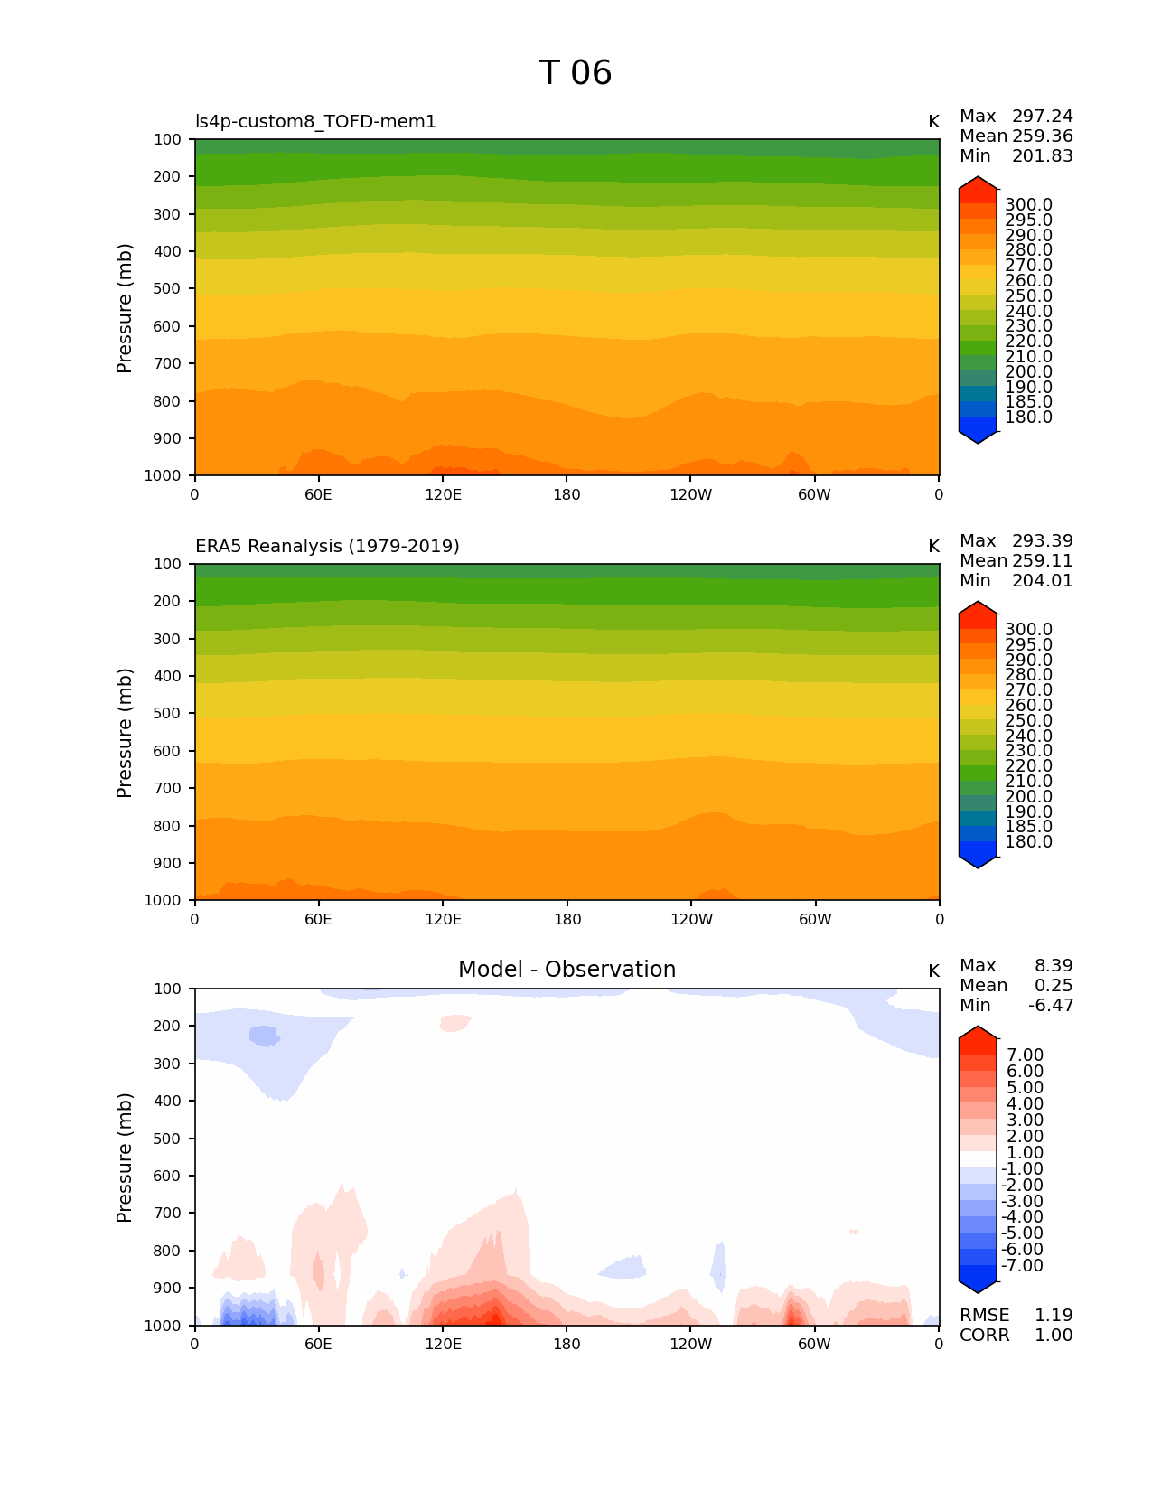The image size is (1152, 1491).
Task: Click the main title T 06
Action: point(576,73)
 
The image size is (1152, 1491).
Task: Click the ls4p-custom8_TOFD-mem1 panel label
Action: point(315,122)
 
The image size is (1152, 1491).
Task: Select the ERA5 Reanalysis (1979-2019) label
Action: point(327,547)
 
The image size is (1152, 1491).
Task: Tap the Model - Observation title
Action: point(567,970)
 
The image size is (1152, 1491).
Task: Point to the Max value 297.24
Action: point(1042,117)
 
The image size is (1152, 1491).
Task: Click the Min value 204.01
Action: point(1042,581)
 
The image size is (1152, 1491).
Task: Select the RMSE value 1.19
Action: point(1053,1316)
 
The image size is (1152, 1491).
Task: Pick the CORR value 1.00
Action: point(1053,1336)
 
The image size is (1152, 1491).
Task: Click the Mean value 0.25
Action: point(1053,986)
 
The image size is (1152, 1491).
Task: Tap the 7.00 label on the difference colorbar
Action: point(1025,1055)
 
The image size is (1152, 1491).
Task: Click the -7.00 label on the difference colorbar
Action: point(1022,1266)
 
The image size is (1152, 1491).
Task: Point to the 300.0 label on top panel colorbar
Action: point(1028,205)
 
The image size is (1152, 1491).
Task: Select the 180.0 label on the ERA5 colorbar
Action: point(1028,842)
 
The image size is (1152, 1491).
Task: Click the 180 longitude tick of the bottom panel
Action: point(567,1344)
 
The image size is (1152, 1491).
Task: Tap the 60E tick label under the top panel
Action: point(318,494)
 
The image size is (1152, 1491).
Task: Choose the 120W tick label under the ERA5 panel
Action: point(691,919)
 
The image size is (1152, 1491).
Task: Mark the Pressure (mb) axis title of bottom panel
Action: point(125,1158)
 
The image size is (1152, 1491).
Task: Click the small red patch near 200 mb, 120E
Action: point(454,1023)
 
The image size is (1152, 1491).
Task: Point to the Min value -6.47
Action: point(1051,1006)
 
